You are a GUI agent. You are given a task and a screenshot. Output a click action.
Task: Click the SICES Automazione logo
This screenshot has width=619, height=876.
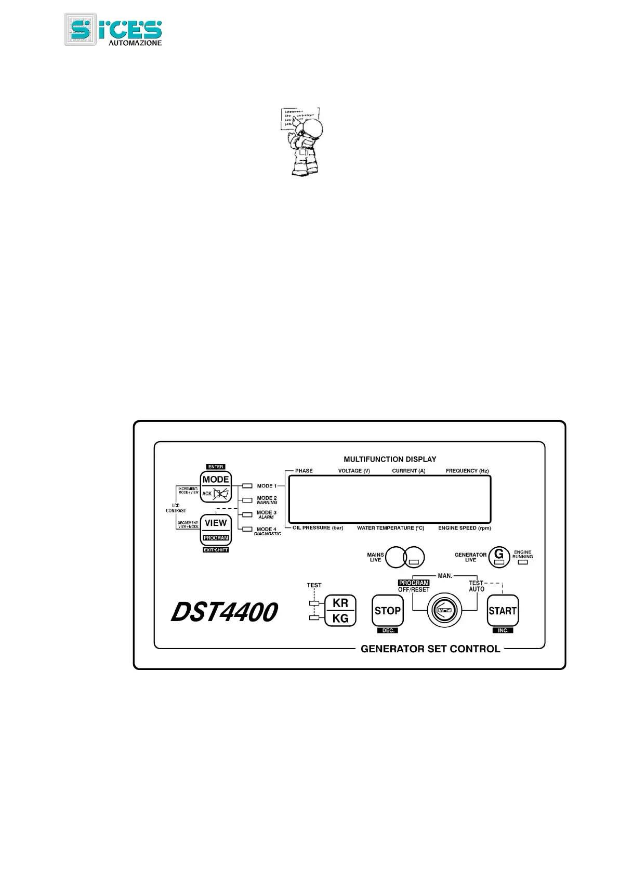[x=113, y=30]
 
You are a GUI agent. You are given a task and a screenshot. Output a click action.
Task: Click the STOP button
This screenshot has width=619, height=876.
[x=388, y=611]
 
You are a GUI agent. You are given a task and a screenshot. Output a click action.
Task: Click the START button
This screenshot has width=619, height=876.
[x=503, y=611]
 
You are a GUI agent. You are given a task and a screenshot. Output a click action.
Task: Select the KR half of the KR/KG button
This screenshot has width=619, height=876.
[x=340, y=603]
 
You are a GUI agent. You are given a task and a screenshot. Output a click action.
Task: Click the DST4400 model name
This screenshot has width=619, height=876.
[x=225, y=612]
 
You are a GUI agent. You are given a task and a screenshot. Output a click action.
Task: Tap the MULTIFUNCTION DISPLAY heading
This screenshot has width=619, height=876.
[x=390, y=459]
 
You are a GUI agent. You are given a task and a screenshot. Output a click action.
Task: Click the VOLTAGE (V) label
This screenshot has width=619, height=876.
[x=354, y=471]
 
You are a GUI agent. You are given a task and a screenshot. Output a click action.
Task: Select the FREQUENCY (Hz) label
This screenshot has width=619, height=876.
[x=467, y=471]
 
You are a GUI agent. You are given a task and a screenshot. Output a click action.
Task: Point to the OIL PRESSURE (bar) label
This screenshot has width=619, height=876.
[x=318, y=528]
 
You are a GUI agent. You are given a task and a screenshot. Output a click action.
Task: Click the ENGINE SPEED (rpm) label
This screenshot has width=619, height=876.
[x=464, y=528]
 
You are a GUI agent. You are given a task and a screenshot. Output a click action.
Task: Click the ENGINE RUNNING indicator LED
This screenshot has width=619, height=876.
[x=523, y=562]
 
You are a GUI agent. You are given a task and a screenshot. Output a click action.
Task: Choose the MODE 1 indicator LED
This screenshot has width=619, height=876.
[x=247, y=486]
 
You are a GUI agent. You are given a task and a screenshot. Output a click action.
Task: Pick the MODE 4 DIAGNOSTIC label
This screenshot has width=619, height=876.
[x=267, y=531]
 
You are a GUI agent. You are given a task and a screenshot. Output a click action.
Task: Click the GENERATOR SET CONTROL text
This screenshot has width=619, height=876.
[x=430, y=649]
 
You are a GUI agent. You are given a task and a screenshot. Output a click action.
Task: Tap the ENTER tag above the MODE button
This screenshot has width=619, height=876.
[x=216, y=467]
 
